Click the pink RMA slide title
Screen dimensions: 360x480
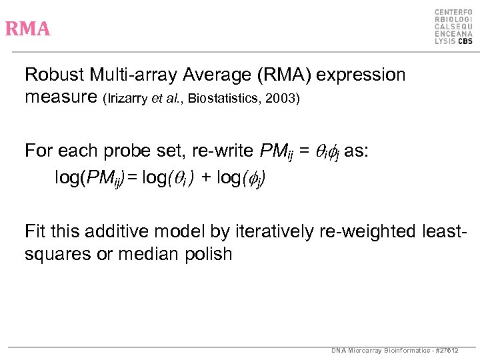(27, 29)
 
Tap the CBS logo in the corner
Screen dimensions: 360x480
(453, 27)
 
